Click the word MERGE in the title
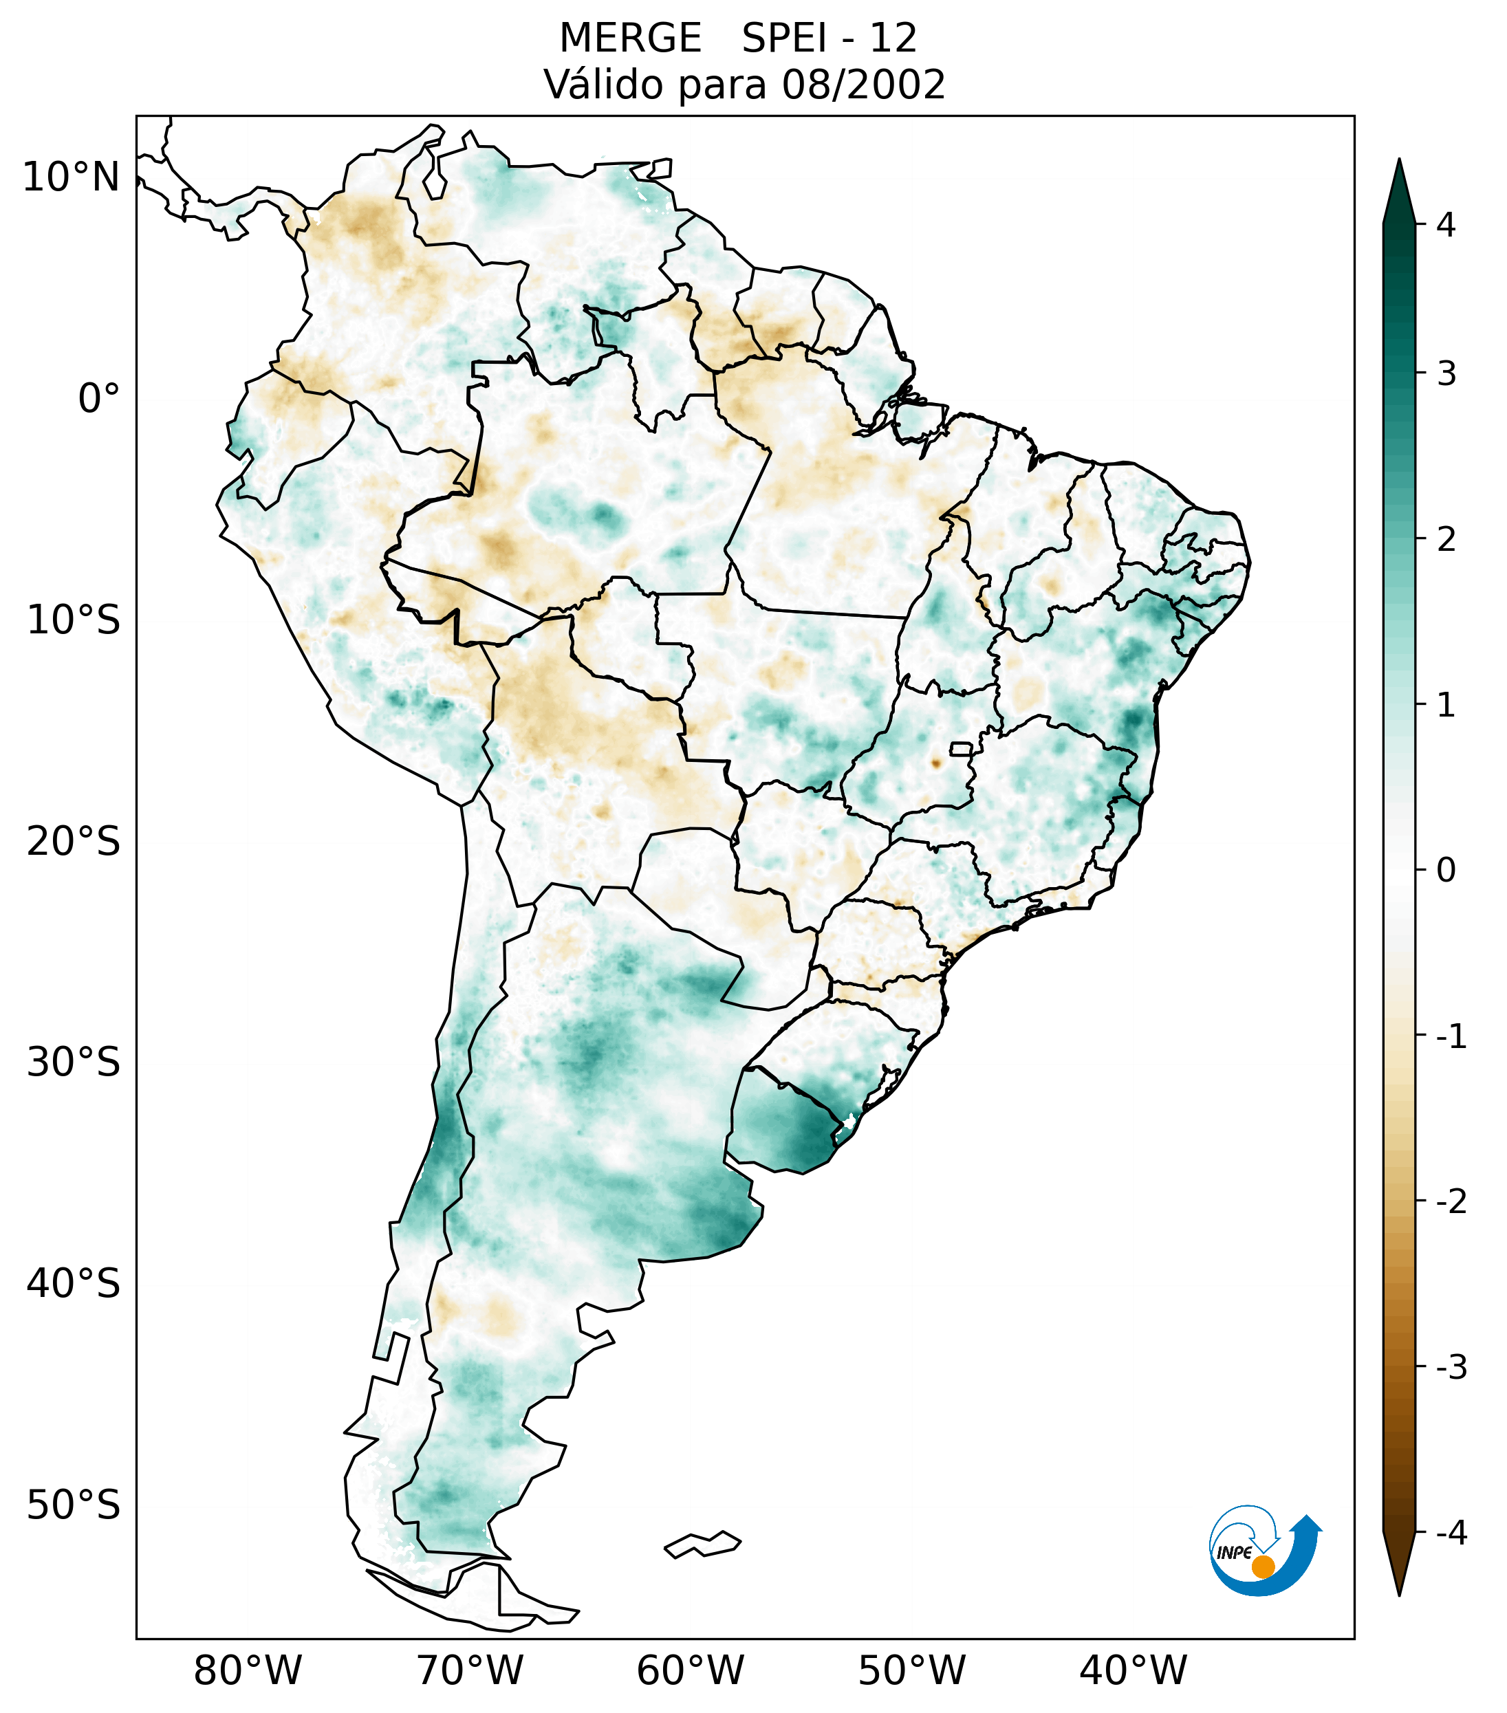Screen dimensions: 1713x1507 point(629,39)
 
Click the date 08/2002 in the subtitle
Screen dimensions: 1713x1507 point(864,85)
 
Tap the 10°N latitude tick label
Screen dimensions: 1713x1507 point(70,177)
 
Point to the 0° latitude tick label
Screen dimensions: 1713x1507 point(98,399)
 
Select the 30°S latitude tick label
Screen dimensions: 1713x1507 point(74,1062)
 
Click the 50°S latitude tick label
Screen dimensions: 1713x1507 point(74,1505)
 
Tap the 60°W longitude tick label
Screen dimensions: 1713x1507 point(690,1670)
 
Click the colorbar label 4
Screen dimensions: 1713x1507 point(1446,225)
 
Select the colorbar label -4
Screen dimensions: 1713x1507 point(1451,1534)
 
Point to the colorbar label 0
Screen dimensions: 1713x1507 point(1446,871)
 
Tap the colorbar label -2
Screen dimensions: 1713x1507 point(1451,1203)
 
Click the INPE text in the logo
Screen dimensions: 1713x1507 point(1234,1553)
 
